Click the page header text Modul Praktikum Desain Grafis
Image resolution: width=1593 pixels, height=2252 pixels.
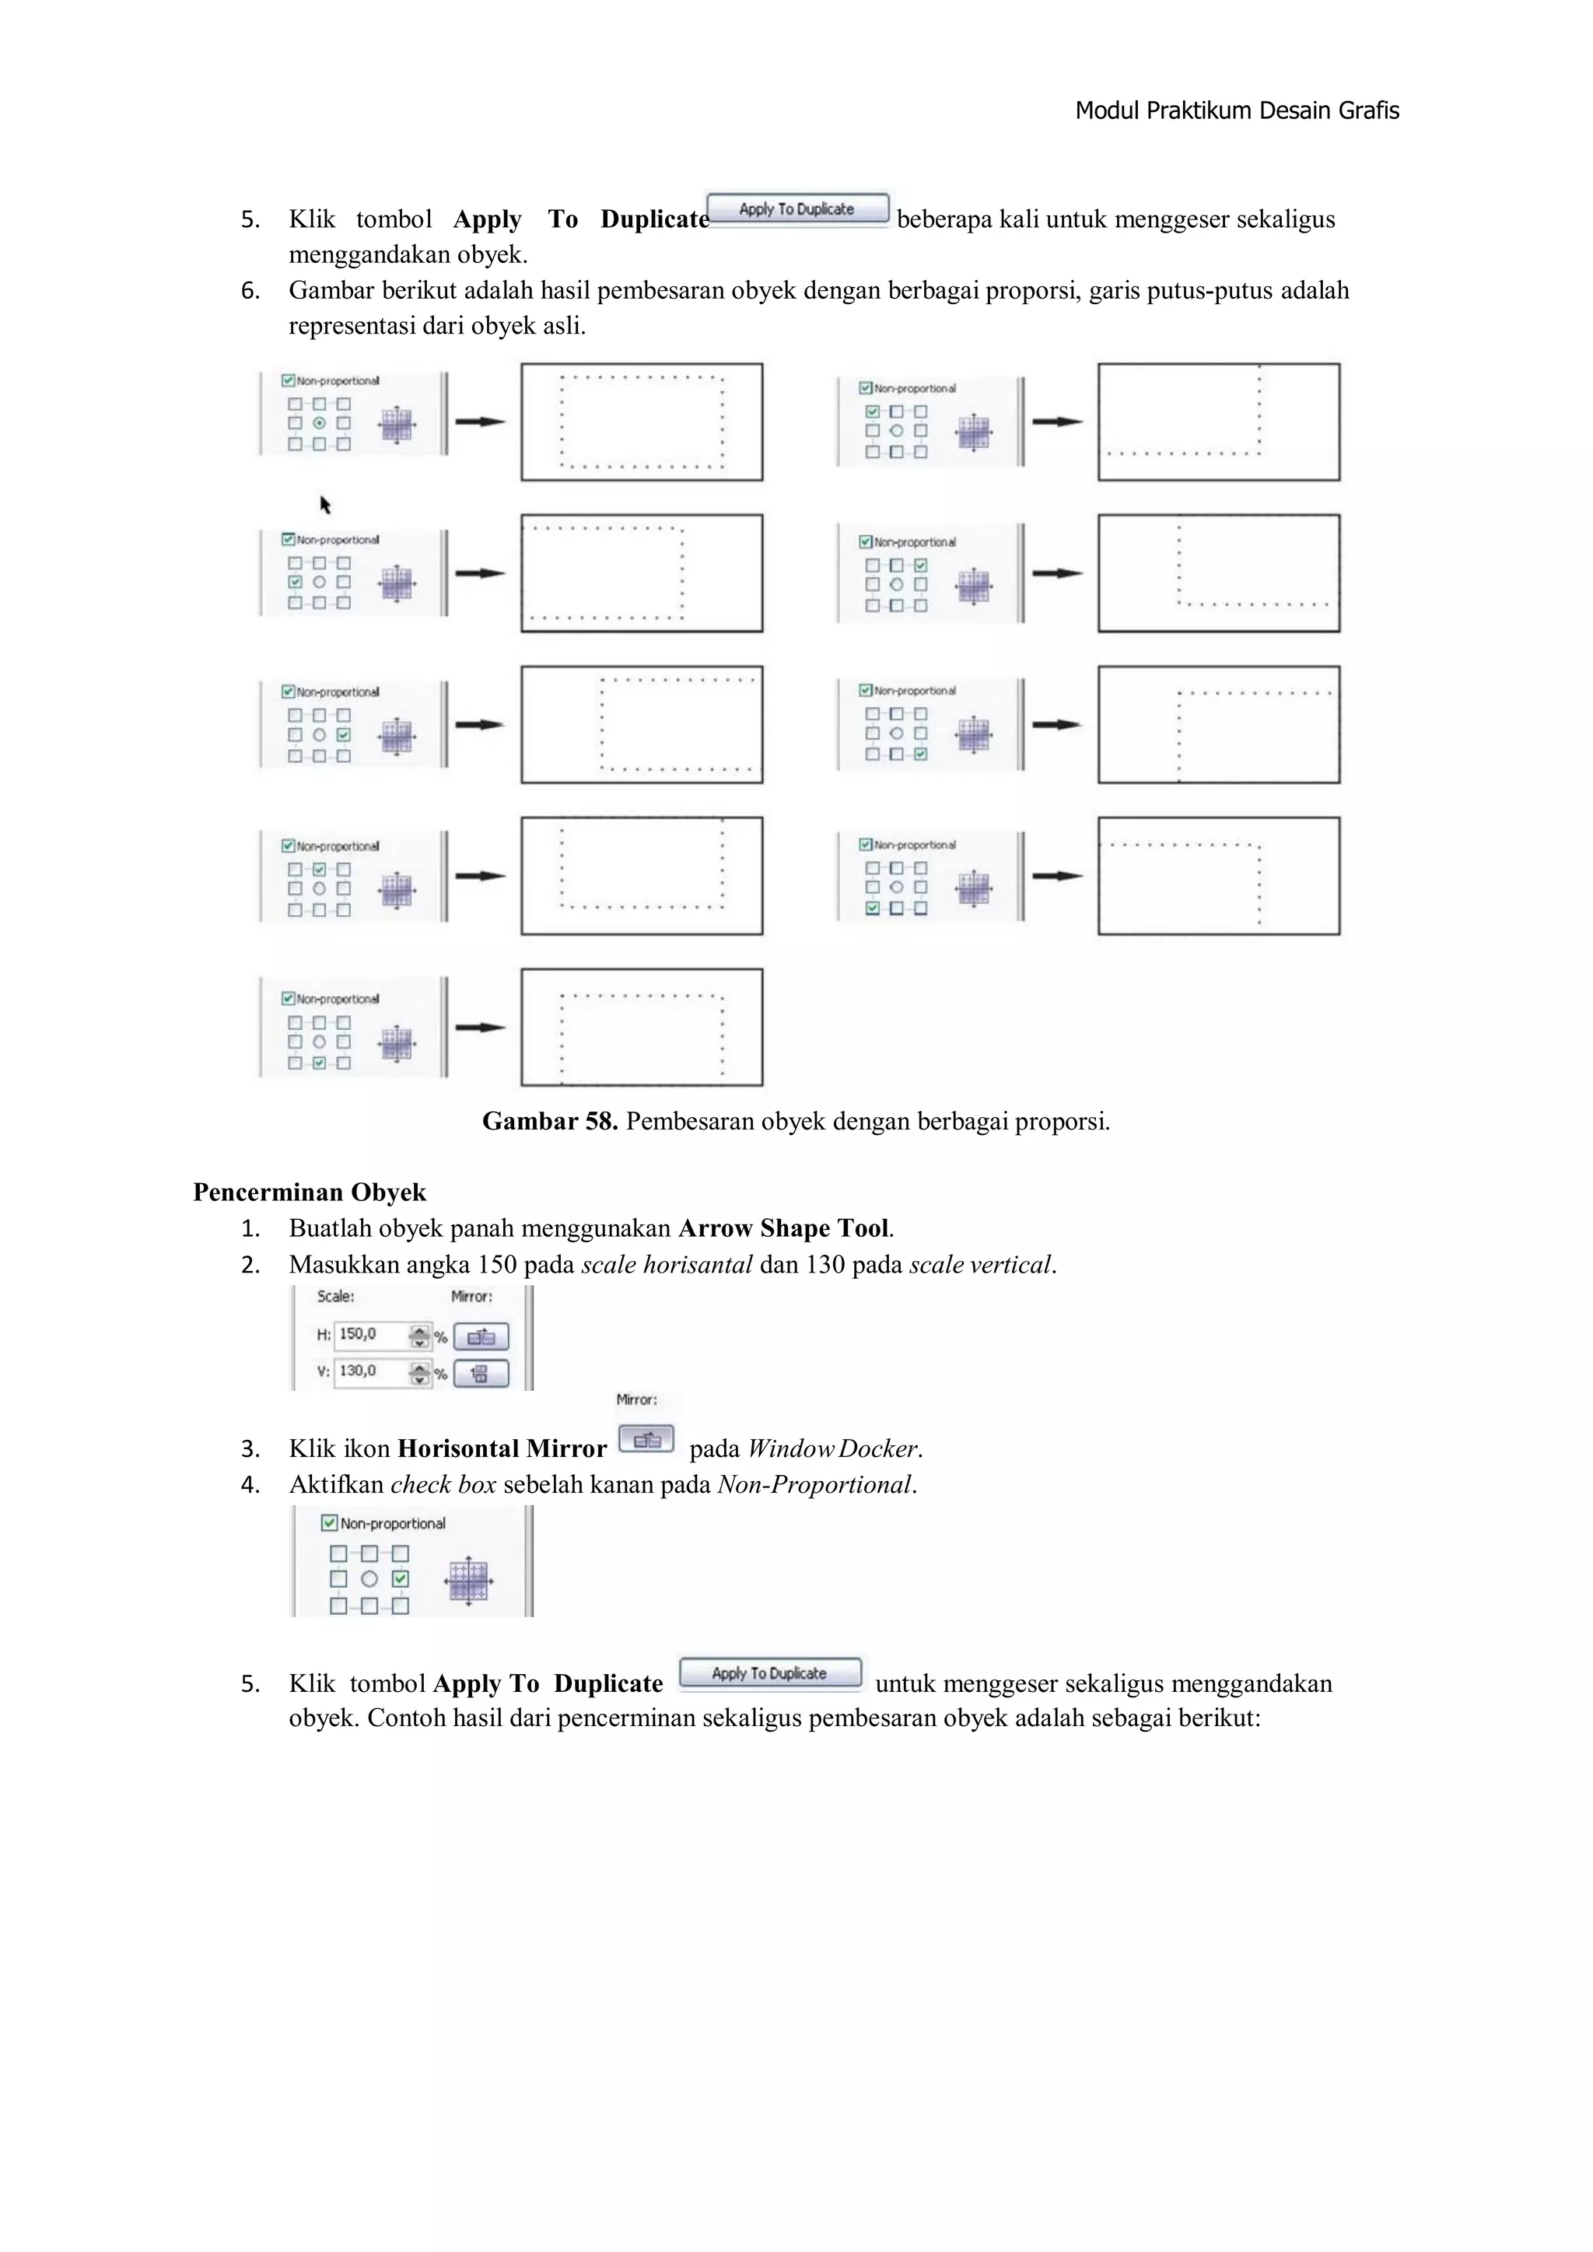pos(1236,110)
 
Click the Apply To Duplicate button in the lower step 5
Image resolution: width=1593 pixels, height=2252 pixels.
pos(769,1673)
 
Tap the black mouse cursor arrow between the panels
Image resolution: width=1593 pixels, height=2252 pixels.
pos(324,504)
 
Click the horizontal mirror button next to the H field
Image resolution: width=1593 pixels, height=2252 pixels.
pos(481,1337)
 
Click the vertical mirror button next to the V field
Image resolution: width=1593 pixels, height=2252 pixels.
pos(481,1373)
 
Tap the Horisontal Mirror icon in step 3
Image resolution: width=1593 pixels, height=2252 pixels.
pos(646,1440)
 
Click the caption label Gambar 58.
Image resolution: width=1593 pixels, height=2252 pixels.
pos(549,1121)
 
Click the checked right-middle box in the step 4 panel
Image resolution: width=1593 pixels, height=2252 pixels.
pos(401,1579)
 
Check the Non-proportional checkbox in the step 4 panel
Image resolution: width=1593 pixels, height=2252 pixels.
pos(330,1523)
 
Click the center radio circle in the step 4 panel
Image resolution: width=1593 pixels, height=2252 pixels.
pos(369,1579)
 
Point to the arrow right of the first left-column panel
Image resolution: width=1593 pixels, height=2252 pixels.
pos(480,422)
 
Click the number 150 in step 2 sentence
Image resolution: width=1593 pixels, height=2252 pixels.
pos(497,1266)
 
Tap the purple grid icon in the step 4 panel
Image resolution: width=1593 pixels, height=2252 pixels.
pos(468,1580)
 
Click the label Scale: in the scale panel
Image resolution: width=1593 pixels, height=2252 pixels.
pos(335,1297)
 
